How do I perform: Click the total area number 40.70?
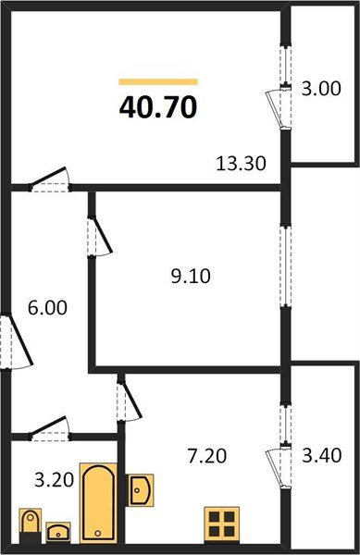(x=157, y=108)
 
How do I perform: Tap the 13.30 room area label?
(x=241, y=164)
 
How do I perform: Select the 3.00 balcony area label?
(x=321, y=90)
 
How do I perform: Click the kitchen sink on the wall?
(x=138, y=488)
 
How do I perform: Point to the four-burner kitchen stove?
(x=222, y=524)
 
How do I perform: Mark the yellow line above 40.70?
(x=158, y=81)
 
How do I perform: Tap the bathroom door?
(x=51, y=429)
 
